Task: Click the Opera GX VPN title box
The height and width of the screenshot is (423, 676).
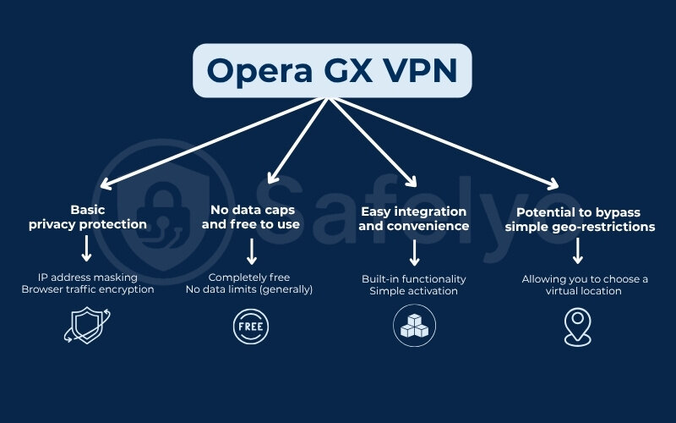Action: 331,70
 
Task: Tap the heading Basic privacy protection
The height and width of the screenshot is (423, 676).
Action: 87,217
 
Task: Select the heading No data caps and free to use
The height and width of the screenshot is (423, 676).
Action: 251,217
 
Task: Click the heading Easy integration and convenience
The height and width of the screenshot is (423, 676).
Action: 413,218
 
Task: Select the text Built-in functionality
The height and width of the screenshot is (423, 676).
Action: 414,277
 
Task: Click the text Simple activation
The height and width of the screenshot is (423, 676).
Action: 414,291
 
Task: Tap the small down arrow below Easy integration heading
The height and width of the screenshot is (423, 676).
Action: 414,250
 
